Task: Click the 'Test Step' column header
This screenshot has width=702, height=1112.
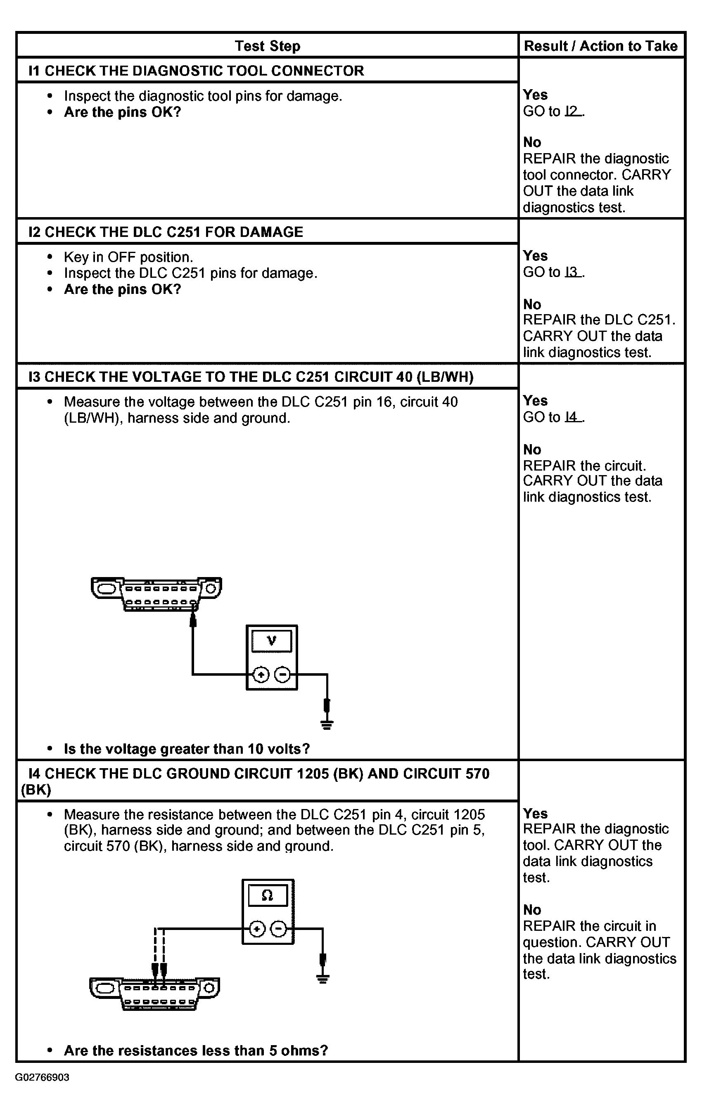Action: coord(268,46)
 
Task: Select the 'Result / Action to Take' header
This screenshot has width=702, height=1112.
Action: coord(600,46)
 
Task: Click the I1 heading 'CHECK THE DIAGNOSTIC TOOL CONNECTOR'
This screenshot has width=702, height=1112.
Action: coord(196,71)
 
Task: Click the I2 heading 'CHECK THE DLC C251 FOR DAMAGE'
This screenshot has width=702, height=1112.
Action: coord(166,232)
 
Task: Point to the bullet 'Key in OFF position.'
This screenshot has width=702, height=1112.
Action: coord(128,257)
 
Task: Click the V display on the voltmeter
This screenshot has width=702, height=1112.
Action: coord(272,641)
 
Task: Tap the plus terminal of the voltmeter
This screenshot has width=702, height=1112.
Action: coord(261,675)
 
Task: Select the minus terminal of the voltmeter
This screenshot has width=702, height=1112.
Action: coord(282,675)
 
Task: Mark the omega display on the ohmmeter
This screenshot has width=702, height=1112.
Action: coord(268,895)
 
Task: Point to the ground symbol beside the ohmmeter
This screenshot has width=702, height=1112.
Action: coord(323,978)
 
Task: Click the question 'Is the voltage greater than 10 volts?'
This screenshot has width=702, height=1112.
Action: coord(187,749)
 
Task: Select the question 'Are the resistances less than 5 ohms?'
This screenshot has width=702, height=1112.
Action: coord(196,1050)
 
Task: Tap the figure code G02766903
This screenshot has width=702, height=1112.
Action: coord(42,1077)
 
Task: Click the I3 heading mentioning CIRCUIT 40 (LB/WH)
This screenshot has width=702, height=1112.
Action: coord(251,377)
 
